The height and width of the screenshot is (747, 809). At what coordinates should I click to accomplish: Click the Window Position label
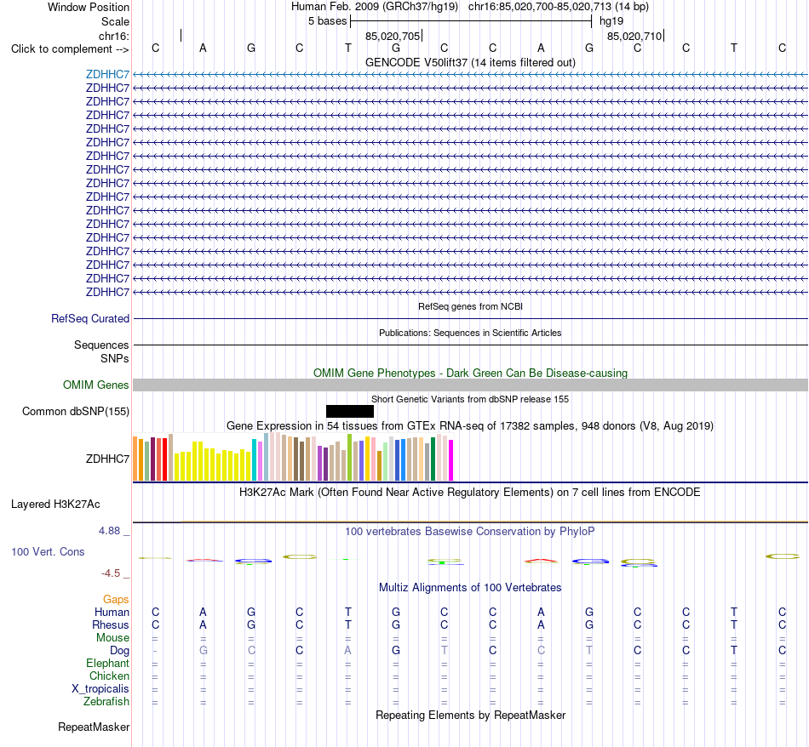pyautogui.click(x=89, y=7)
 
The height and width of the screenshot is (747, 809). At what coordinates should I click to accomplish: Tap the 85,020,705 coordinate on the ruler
pyautogui.click(x=392, y=36)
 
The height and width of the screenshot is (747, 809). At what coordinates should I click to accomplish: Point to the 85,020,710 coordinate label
pyautogui.click(x=634, y=36)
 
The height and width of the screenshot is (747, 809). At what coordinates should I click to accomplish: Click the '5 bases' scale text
pyautogui.click(x=328, y=21)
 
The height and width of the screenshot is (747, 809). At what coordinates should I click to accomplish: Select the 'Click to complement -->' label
pyautogui.click(x=70, y=49)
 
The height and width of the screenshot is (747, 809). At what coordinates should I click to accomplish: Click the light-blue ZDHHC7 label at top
pyautogui.click(x=107, y=74)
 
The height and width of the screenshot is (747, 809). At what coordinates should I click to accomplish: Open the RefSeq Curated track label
pyautogui.click(x=90, y=318)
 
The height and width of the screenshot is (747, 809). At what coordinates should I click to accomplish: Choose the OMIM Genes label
pyautogui.click(x=96, y=385)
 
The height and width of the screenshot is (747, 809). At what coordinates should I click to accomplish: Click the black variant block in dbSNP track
pyautogui.click(x=350, y=412)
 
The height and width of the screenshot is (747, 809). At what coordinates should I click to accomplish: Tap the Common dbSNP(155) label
pyautogui.click(x=76, y=412)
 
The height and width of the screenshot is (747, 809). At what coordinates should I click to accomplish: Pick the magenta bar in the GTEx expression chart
pyautogui.click(x=451, y=459)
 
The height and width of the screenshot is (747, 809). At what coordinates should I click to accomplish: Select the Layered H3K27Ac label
pyautogui.click(x=55, y=505)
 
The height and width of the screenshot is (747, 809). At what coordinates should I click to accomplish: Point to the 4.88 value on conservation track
pyautogui.click(x=109, y=531)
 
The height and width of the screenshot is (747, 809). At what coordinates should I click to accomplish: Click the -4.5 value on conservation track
pyautogui.click(x=111, y=573)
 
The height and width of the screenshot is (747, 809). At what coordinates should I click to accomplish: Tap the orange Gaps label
pyautogui.click(x=116, y=599)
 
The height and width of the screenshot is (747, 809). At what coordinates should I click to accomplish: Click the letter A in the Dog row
pyautogui.click(x=347, y=651)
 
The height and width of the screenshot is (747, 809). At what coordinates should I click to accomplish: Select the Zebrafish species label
pyautogui.click(x=106, y=702)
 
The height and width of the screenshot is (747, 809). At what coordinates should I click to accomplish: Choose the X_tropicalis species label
pyautogui.click(x=100, y=689)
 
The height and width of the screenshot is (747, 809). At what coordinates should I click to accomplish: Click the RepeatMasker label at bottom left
pyautogui.click(x=94, y=727)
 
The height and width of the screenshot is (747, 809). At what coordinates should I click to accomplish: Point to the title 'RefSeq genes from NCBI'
pyautogui.click(x=471, y=307)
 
